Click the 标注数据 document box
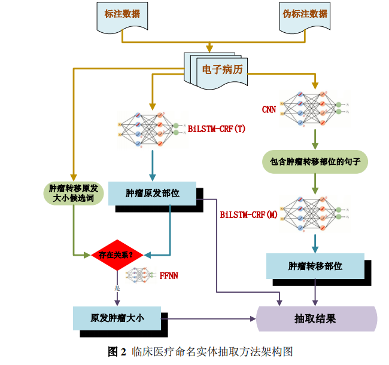coord(122,16)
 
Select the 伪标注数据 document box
coord(305,16)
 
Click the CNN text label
coord(269,109)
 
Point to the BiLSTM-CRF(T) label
coord(217,128)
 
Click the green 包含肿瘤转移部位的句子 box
coord(315,162)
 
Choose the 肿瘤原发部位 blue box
coord(152,193)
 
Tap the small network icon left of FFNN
coord(141,276)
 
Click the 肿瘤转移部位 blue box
coord(315,266)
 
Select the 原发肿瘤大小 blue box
coord(117,318)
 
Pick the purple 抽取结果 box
coord(316,318)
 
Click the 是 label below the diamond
coord(117,288)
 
